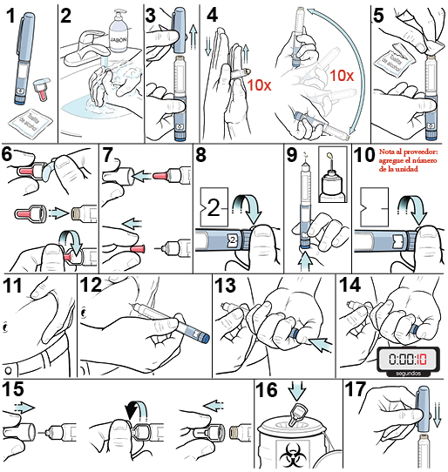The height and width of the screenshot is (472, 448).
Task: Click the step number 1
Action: coord(10,15)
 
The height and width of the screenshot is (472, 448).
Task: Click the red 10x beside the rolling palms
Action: coord(260,85)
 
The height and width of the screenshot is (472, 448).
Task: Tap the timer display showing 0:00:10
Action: coord(404,358)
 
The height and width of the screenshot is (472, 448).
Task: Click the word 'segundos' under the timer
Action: coord(404,373)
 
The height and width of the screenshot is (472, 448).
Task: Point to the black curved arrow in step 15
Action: coord(134,408)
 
